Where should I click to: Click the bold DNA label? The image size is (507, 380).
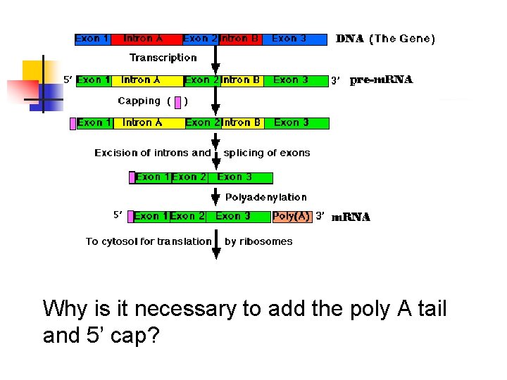[x=349, y=39]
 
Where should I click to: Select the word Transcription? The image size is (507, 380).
[x=163, y=58]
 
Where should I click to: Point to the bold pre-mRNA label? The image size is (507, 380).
[x=381, y=80]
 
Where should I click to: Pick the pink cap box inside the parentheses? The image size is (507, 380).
[x=179, y=102]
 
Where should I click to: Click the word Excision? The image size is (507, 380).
[x=117, y=153]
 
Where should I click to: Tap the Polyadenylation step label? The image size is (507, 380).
[x=266, y=198]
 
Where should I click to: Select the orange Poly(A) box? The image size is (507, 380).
[x=292, y=217]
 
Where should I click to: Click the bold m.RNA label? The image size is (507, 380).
[x=351, y=217]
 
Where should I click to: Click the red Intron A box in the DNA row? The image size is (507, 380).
[x=143, y=39]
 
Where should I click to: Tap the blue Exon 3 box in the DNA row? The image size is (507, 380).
[x=294, y=39]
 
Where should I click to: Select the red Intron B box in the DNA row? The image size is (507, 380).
[x=239, y=39]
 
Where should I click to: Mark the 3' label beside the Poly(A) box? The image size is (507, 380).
[x=320, y=216]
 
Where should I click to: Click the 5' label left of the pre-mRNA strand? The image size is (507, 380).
[x=68, y=80]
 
